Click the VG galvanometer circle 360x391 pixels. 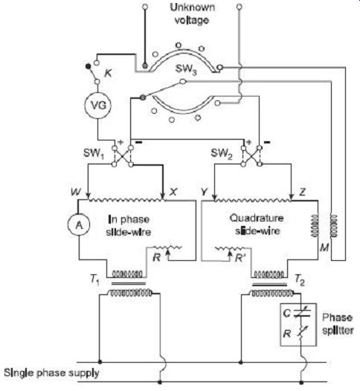coord(97,106)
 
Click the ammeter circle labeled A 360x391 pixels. coord(79,224)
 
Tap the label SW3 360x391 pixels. coord(186,69)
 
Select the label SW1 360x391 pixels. coord(94,153)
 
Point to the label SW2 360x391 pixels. coord(222,153)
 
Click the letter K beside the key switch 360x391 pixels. coord(109,74)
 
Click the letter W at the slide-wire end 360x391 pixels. coord(76,192)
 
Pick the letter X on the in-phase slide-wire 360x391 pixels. coord(173,192)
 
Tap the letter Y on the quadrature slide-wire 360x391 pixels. coord(204,192)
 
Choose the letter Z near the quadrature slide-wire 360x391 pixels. coord(303,192)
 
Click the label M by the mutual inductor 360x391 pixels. coord(324,248)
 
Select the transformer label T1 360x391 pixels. coord(94,280)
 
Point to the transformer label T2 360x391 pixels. coord(300,280)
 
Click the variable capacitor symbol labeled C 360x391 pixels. coord(302,313)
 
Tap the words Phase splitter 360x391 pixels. coord(338,324)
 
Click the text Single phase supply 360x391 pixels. coord(51,373)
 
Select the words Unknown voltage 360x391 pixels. coord(192,13)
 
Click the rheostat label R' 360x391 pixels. coord(240,258)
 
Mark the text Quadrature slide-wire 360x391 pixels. coord(257,224)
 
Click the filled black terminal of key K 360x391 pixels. coord(88,66)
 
